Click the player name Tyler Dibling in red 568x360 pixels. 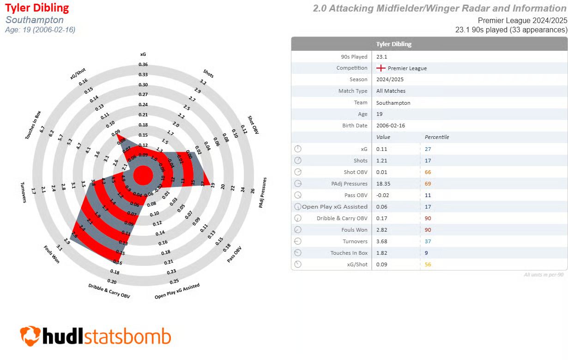click(x=37, y=8)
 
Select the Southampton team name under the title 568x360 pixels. click(x=35, y=20)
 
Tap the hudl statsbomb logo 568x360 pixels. click(x=95, y=336)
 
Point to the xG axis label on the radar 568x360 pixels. click(x=143, y=54)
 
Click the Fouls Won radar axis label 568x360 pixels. click(x=52, y=254)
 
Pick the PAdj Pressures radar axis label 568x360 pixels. click(x=263, y=192)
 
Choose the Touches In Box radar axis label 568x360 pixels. click(x=35, y=126)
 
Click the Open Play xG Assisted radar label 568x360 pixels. click(x=177, y=292)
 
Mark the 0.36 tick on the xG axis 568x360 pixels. click(x=143, y=65)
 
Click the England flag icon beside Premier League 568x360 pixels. click(x=381, y=68)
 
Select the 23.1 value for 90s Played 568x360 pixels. click(x=381, y=57)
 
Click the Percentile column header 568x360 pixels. click(x=436, y=137)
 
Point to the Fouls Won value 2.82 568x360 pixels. click(x=381, y=230)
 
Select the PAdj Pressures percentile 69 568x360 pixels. click(x=428, y=184)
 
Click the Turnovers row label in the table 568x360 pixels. click(x=355, y=241)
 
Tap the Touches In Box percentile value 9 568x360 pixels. click(x=427, y=253)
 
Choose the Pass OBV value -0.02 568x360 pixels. click(x=383, y=195)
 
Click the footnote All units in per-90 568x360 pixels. click(x=544, y=275)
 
